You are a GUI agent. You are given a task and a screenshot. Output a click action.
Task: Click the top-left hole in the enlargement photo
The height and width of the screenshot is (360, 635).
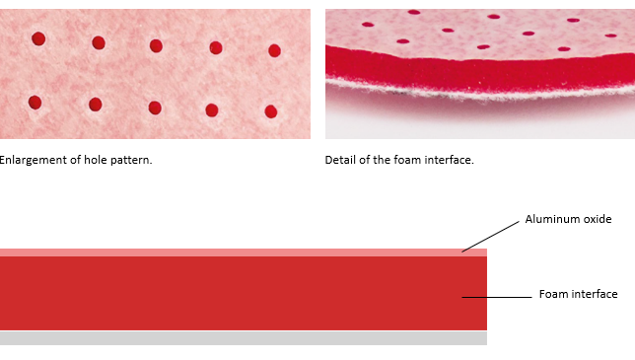[x=38, y=38]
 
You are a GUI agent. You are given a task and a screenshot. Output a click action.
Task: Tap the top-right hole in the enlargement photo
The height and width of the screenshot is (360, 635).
[x=274, y=50]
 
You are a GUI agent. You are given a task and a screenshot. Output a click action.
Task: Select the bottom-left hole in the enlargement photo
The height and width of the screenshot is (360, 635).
[x=35, y=103]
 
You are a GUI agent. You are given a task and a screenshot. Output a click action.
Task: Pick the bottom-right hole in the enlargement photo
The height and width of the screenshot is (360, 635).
[x=271, y=111]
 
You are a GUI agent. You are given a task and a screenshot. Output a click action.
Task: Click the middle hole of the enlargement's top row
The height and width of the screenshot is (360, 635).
[x=156, y=45]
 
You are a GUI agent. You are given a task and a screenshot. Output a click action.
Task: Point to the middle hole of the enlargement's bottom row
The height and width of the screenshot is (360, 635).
[x=155, y=108]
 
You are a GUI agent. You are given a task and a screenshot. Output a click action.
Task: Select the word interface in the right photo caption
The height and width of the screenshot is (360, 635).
[x=449, y=160]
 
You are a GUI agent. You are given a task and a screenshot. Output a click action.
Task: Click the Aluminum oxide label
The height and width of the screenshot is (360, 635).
[x=568, y=219]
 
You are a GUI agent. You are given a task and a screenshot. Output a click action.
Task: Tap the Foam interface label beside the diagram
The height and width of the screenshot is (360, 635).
[x=578, y=294]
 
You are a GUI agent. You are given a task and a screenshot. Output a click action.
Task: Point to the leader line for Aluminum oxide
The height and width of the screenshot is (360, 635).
[x=490, y=237]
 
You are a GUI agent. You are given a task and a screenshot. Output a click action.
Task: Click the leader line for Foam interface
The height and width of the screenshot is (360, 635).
[x=497, y=297]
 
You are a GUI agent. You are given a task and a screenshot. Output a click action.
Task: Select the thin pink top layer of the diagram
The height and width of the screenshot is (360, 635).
[x=244, y=252]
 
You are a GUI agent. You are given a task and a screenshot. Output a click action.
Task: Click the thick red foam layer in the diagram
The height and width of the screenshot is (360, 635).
[x=244, y=293]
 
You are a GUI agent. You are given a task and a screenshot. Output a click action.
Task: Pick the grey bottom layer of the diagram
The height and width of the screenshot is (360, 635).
[x=244, y=338]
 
